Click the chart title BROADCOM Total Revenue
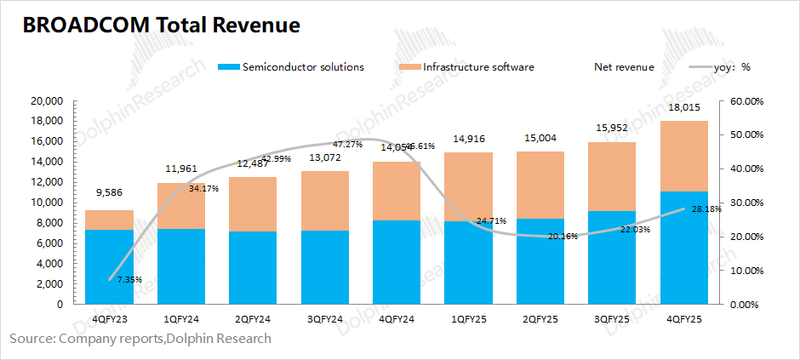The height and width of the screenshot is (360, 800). (x=161, y=26)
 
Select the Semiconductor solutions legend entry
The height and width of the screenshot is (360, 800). (x=303, y=66)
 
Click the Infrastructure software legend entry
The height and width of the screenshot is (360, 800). (x=477, y=66)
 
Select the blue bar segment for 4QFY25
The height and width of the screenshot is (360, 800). (x=683, y=248)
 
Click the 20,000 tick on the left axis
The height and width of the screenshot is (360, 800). (x=48, y=100)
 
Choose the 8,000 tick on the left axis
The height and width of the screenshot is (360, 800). (x=51, y=223)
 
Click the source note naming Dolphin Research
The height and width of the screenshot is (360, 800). (x=140, y=339)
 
